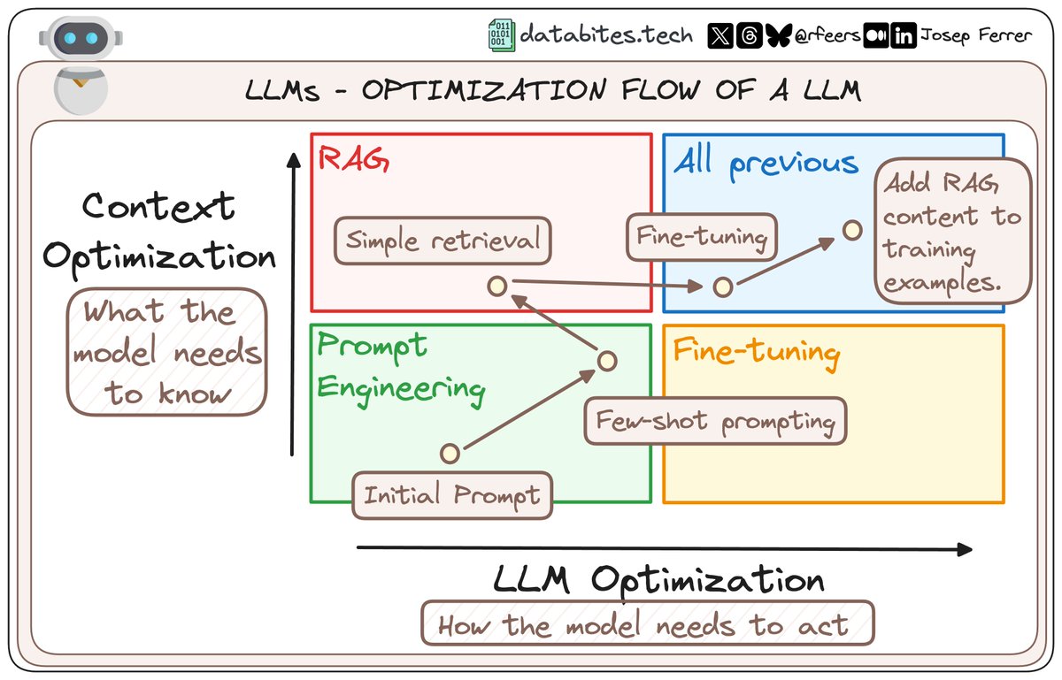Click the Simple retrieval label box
coord(442,240)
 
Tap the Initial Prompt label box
coord(451,494)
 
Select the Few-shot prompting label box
coord(715,422)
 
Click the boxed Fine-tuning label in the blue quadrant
coord(702,237)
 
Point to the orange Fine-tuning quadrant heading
coord(756,352)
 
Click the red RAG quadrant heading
coord(354,161)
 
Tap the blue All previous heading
coord(766,163)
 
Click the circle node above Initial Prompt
coord(450,454)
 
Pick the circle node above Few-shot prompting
coord(606,361)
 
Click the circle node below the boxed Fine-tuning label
coord(723,287)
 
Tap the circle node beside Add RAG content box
coord(851,230)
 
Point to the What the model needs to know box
coord(166,352)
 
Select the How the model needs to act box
coord(647,624)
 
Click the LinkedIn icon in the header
coord(904,36)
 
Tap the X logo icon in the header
coord(720,36)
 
